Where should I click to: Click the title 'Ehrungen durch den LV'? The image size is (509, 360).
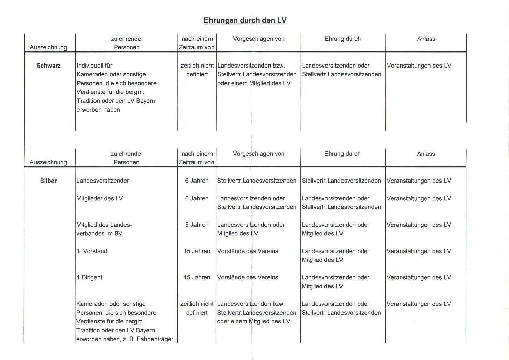[245, 20]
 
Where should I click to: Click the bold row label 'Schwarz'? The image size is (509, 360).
[48, 66]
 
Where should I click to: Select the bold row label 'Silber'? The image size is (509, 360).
[48, 181]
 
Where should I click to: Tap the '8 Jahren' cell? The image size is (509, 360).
[197, 225]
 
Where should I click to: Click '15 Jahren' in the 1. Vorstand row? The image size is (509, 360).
[197, 251]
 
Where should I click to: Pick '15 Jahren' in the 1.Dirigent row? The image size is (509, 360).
[197, 277]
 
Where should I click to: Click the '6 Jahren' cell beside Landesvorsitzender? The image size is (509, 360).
[197, 181]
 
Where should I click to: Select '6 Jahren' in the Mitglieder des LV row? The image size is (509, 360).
[197, 198]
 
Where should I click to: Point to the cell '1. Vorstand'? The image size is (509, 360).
[92, 251]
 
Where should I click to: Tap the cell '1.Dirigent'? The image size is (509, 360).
[89, 277]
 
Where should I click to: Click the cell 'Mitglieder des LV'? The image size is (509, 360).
[100, 198]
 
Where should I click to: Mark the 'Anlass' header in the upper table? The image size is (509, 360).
[426, 39]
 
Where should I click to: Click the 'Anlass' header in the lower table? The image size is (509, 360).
[426, 154]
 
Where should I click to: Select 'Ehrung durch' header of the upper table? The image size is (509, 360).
[343, 39]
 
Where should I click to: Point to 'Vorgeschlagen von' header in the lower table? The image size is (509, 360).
[259, 154]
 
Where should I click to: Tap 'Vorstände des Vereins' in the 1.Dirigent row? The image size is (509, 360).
[248, 277]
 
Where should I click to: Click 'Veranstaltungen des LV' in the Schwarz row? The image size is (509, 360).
[419, 66]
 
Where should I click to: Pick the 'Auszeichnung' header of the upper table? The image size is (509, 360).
[48, 47]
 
